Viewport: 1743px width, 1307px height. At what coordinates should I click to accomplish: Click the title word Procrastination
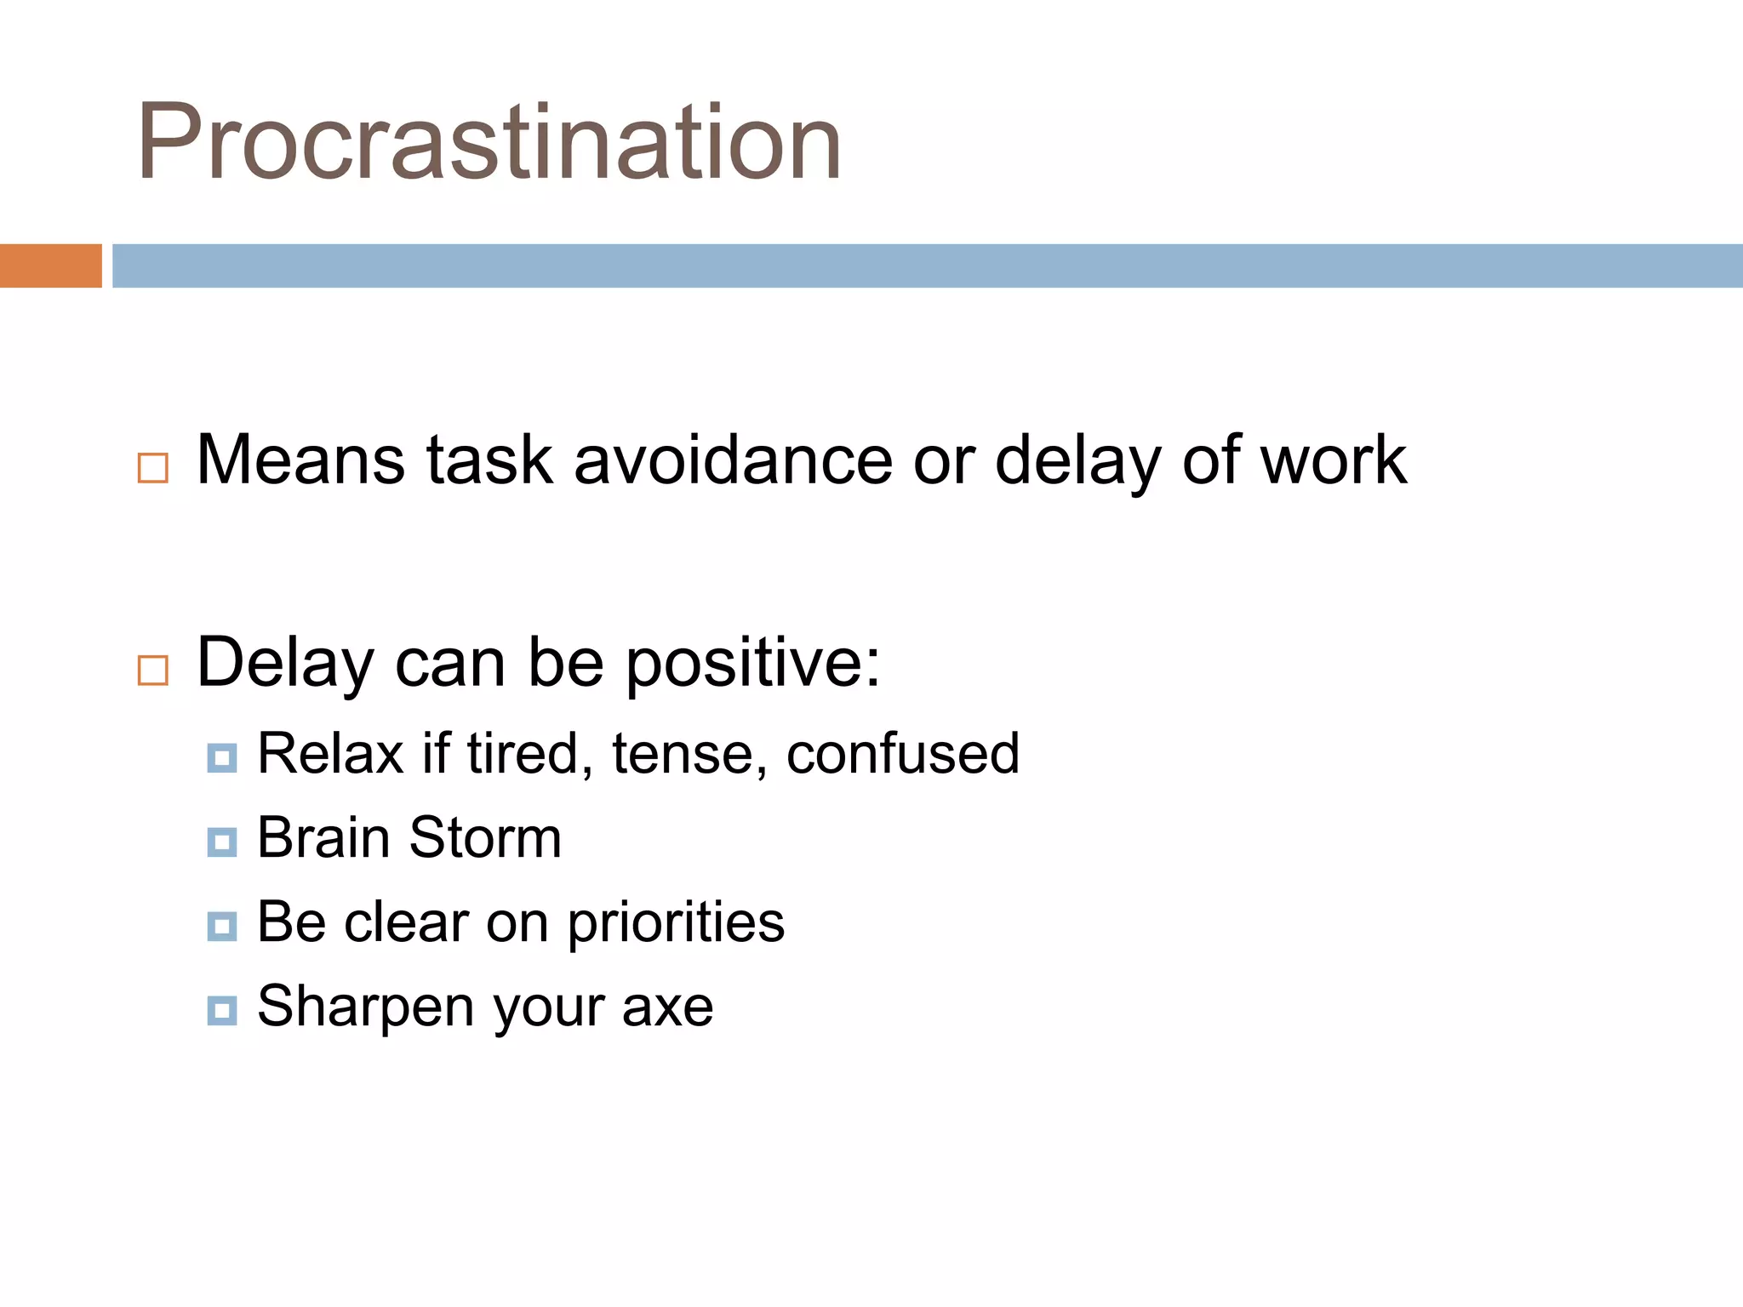489,143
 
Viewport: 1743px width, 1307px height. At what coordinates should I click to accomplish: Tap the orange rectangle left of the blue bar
50,265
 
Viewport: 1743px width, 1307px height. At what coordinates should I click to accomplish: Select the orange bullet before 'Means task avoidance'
153,468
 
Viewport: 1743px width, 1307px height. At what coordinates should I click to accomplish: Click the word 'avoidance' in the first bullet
733,460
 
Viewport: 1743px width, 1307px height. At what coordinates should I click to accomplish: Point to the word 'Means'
300,460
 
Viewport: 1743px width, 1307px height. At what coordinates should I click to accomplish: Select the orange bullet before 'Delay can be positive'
153,671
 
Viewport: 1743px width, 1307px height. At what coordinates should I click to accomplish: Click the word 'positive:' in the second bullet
753,664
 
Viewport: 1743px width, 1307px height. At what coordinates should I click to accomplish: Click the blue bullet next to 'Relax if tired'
222,757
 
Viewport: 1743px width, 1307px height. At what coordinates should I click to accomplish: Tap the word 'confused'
902,754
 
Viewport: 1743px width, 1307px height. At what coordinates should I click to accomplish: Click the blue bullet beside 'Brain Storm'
222,842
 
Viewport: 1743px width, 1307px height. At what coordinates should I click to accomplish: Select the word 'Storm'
485,838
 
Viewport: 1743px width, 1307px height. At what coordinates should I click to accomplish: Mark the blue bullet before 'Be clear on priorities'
222,926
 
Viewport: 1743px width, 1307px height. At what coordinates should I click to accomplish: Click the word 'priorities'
676,923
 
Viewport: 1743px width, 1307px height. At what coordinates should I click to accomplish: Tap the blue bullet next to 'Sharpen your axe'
222,1010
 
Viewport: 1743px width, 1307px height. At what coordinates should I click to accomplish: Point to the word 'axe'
667,1007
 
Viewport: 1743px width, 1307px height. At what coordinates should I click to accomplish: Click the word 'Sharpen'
365,1007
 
